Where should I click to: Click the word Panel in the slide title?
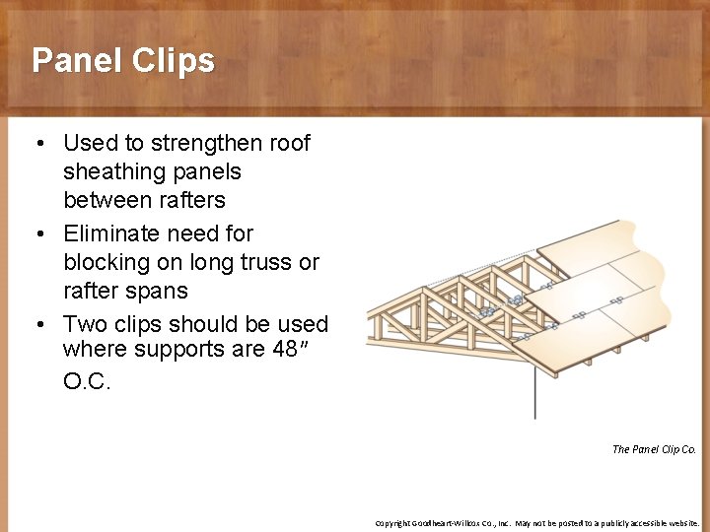[x=74, y=61]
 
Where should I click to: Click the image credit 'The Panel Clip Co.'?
[x=653, y=449]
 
